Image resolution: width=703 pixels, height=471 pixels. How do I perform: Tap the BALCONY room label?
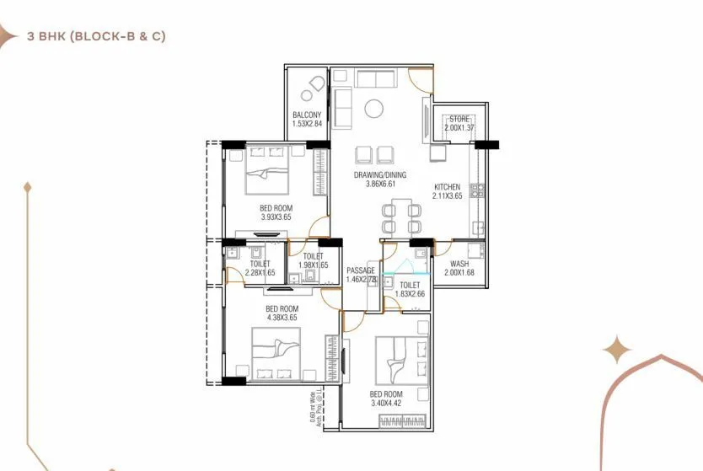click(x=307, y=115)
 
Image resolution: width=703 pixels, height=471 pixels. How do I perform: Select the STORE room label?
click(x=459, y=119)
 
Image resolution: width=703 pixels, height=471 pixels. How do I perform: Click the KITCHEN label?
click(x=447, y=186)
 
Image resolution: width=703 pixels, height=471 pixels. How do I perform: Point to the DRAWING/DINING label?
click(x=380, y=175)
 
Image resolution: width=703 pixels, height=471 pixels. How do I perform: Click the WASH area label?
click(x=459, y=264)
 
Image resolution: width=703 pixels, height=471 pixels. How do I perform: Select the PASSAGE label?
click(x=360, y=270)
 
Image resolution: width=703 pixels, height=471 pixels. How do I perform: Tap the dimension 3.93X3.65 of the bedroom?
click(x=276, y=217)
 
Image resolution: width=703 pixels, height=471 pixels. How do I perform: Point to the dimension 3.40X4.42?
click(x=385, y=404)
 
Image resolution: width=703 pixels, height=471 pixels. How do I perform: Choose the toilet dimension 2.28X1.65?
click(x=260, y=272)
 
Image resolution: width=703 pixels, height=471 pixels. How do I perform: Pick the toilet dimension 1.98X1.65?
click(x=313, y=265)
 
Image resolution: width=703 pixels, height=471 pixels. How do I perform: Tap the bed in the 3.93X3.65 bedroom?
click(x=268, y=177)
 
